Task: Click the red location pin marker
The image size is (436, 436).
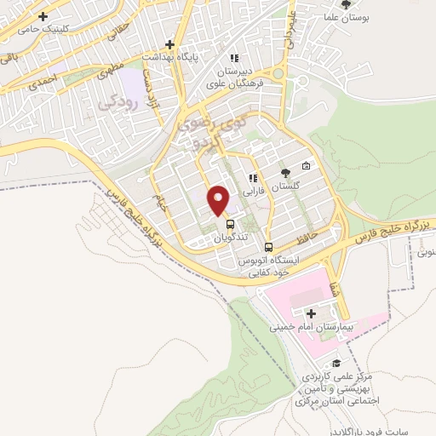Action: pos(220,200)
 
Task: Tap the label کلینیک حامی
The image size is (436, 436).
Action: pos(39,28)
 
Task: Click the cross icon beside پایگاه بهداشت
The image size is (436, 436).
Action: pos(170,44)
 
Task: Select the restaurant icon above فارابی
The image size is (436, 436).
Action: pos(252,178)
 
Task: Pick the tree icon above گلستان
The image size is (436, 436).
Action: pos(284,173)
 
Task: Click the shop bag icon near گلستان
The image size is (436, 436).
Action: pos(306,166)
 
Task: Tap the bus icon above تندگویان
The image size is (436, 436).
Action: pos(230,224)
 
